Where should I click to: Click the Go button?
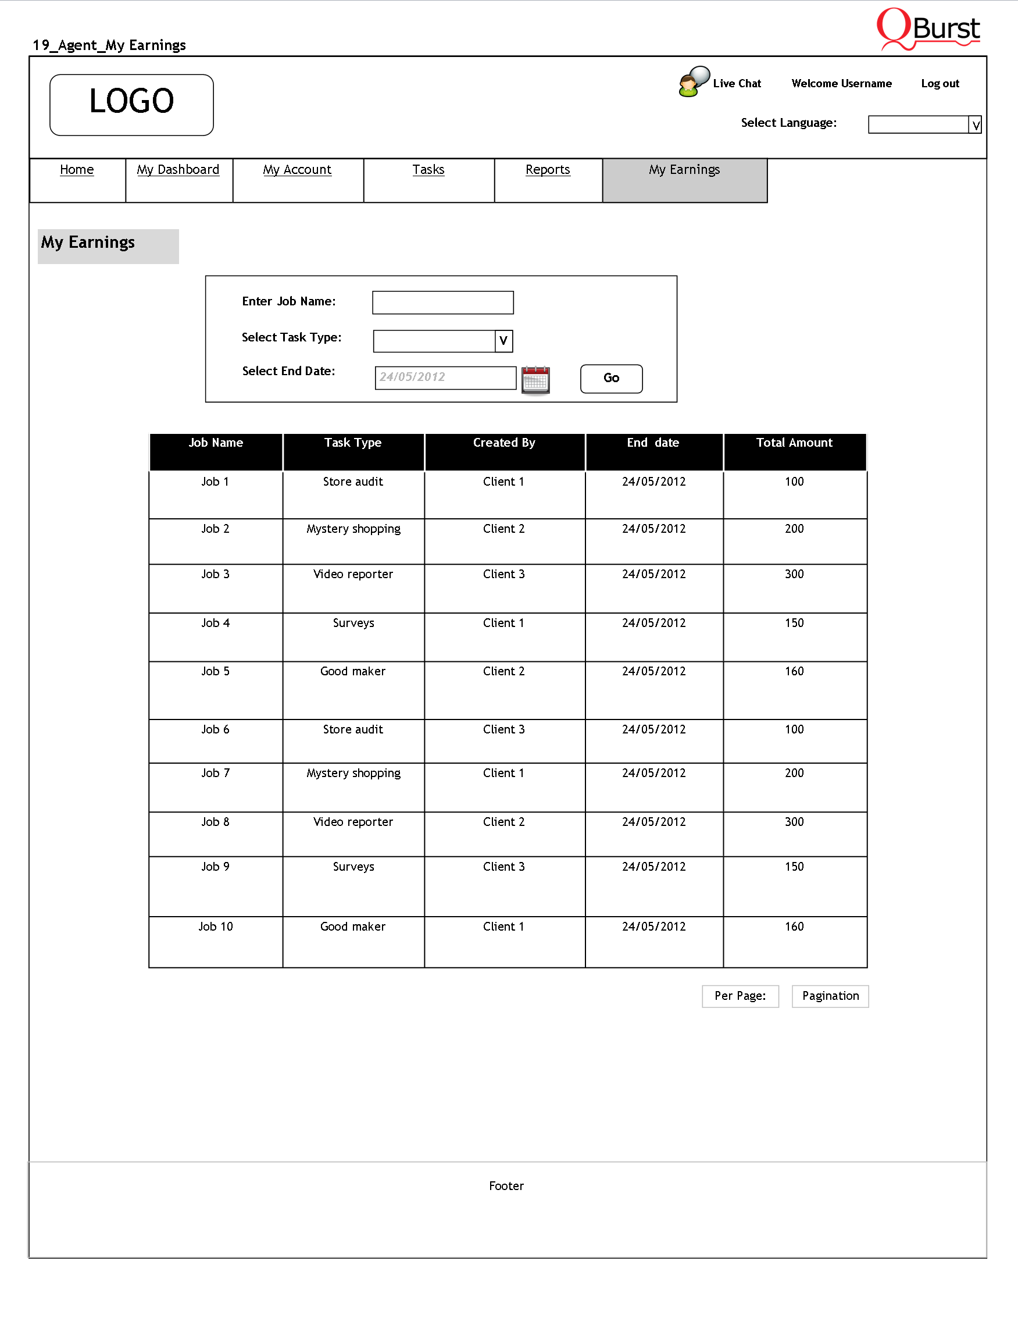point(611,379)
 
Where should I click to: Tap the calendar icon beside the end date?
point(535,380)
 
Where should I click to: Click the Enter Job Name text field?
point(442,302)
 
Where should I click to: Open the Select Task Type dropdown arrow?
point(503,341)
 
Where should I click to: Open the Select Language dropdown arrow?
point(974,125)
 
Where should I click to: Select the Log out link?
point(940,84)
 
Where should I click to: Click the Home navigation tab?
point(77,170)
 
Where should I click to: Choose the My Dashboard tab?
point(178,170)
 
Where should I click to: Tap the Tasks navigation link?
point(428,170)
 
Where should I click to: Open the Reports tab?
point(548,170)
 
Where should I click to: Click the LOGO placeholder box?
point(131,104)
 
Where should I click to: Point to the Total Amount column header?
point(794,443)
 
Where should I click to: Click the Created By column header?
point(504,443)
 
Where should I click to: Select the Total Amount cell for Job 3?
point(794,575)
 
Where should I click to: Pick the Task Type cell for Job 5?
point(353,672)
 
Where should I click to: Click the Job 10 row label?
point(215,927)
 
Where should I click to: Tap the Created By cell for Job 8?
point(504,822)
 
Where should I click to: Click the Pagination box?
point(830,996)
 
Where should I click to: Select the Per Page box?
point(740,996)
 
